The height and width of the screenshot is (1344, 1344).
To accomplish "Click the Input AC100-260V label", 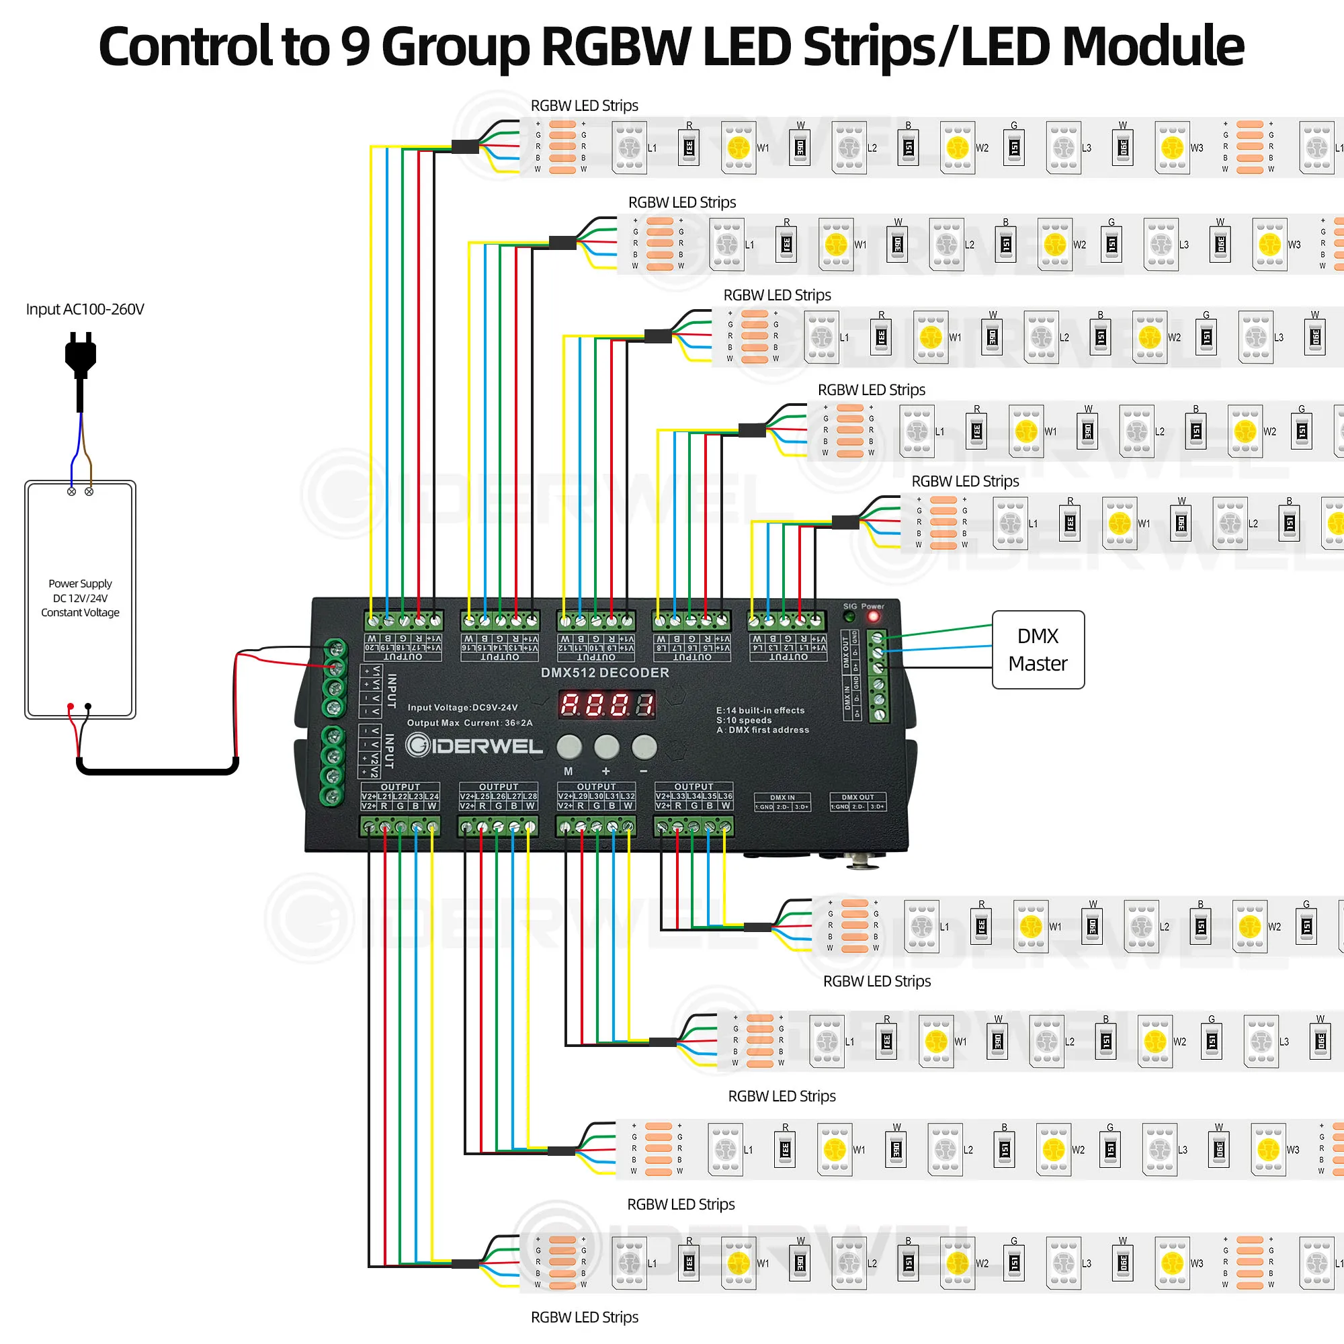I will (85, 309).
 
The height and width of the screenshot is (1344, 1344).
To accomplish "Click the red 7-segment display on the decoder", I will (607, 705).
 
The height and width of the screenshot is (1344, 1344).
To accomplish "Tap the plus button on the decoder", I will (606, 747).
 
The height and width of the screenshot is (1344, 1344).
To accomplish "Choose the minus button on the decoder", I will (644, 747).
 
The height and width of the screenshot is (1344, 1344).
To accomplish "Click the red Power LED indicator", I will (873, 616).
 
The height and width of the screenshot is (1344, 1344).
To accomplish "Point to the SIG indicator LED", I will (849, 616).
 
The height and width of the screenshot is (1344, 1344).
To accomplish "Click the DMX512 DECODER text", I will (605, 673).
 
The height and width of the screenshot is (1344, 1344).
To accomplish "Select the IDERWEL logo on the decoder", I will (474, 746).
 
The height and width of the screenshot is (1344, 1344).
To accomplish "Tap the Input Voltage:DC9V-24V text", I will (462, 708).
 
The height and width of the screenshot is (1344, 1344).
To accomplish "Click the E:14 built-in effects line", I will (759, 710).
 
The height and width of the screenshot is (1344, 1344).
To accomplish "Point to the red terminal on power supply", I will (71, 707).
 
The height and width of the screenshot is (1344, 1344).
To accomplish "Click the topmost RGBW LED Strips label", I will (585, 106).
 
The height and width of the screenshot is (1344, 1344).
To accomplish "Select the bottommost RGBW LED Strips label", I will (585, 1317).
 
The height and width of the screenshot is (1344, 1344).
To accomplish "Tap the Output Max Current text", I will (470, 723).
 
